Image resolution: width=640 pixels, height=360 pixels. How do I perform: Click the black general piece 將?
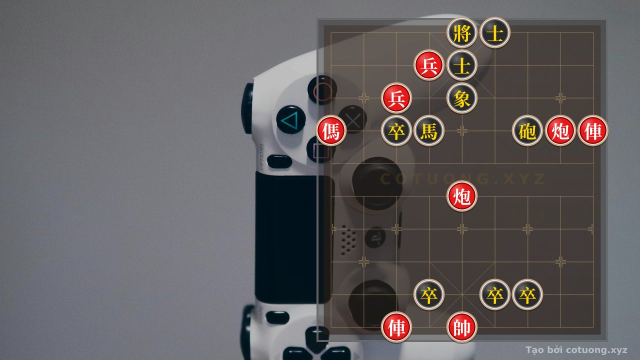(x=461, y=32)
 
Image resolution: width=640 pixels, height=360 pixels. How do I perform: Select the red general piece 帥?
(x=461, y=327)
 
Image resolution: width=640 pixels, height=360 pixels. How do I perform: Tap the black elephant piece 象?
(x=461, y=98)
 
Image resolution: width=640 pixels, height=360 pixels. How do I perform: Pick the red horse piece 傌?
(x=331, y=131)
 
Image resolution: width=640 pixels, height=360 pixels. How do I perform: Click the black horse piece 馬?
(x=429, y=131)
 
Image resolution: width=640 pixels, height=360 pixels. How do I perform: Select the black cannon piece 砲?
(x=527, y=131)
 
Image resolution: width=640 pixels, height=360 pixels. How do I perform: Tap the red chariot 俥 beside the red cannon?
(x=593, y=131)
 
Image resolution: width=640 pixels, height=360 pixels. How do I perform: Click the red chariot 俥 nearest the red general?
(x=396, y=327)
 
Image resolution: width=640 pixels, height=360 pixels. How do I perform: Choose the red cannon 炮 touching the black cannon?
(x=560, y=131)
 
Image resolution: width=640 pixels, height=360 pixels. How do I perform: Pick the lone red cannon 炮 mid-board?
(x=461, y=196)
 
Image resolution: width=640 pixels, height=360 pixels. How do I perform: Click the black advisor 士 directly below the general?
(x=461, y=65)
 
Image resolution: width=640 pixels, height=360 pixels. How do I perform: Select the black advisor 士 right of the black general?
(x=494, y=32)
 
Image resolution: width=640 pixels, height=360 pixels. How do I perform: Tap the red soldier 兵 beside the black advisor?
(x=429, y=65)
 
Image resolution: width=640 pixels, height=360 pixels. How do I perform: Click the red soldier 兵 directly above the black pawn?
(x=396, y=98)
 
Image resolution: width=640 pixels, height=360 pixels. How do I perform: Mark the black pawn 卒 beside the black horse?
(x=396, y=131)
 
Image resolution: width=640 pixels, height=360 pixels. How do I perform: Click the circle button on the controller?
(x=322, y=90)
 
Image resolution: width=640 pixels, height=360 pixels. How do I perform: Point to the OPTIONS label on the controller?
(x=261, y=156)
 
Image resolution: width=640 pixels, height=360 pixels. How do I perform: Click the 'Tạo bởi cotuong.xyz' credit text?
(x=576, y=350)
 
